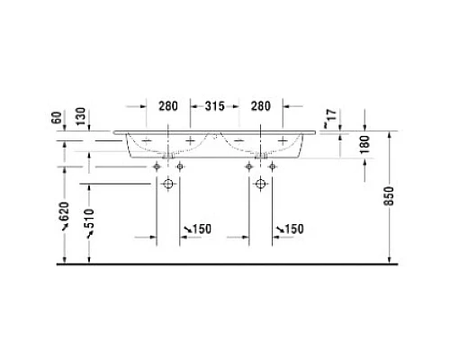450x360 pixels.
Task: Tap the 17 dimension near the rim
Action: [x=333, y=115]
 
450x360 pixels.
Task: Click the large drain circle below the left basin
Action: [x=168, y=184]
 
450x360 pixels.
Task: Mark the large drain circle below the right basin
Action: [x=261, y=184]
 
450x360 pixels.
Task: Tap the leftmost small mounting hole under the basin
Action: [x=157, y=166]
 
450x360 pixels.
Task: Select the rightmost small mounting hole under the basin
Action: [x=272, y=166]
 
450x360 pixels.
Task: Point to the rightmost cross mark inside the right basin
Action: [x=283, y=139]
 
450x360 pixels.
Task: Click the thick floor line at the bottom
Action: [x=225, y=265]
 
